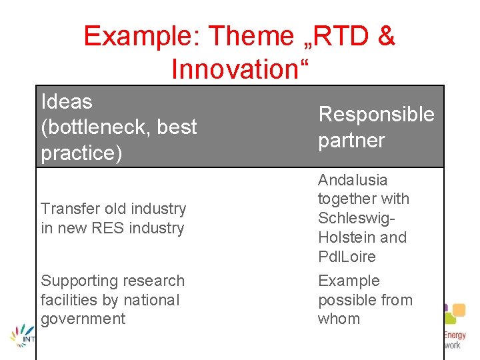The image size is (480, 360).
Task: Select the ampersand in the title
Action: [x=386, y=36]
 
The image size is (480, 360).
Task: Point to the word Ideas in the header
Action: [x=67, y=102]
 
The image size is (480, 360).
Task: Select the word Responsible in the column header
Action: [x=376, y=115]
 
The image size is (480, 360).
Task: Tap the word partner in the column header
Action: [x=351, y=141]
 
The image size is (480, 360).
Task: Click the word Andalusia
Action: [x=352, y=180]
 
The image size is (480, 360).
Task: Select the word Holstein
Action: [x=345, y=237]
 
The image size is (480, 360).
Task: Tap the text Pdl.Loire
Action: [x=347, y=257]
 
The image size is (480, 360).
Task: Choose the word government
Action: [x=83, y=319]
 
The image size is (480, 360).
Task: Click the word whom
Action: [x=339, y=319]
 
